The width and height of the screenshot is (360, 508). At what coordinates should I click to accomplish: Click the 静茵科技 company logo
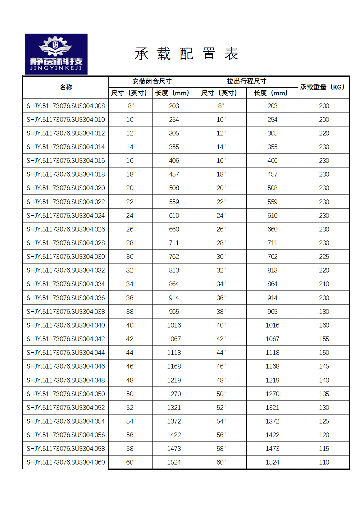click(x=56, y=54)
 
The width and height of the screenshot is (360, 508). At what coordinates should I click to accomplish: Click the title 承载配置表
click(x=186, y=54)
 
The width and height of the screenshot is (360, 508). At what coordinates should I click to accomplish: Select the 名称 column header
click(x=66, y=87)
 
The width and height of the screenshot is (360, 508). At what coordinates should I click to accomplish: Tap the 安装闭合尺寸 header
click(x=152, y=81)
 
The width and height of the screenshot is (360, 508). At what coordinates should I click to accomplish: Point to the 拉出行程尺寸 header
click(x=246, y=81)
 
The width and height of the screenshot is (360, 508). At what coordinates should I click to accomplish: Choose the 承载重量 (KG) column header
click(x=323, y=87)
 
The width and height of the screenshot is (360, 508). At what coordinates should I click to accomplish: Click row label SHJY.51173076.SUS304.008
click(x=66, y=106)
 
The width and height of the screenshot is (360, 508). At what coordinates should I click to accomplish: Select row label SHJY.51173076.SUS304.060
click(x=66, y=462)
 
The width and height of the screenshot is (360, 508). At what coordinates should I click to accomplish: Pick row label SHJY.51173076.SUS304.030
click(x=66, y=257)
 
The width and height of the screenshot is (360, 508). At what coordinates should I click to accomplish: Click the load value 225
click(x=324, y=257)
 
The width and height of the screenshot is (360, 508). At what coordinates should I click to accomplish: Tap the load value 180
click(x=324, y=312)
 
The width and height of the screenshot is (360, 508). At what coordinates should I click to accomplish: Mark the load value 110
click(x=324, y=462)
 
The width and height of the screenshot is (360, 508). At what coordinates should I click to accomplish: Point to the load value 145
click(x=324, y=366)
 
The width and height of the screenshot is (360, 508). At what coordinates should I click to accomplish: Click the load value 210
click(x=324, y=284)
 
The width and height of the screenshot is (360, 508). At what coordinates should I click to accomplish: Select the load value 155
click(x=324, y=339)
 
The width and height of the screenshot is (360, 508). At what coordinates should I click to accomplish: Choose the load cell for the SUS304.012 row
click(x=324, y=133)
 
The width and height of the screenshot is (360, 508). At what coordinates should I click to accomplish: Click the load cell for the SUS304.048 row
click(x=324, y=380)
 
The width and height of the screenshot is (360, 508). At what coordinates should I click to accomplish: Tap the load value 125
click(x=324, y=421)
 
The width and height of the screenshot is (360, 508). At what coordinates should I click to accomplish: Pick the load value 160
click(x=324, y=325)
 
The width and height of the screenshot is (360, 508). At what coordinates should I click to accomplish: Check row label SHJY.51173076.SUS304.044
click(x=66, y=353)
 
